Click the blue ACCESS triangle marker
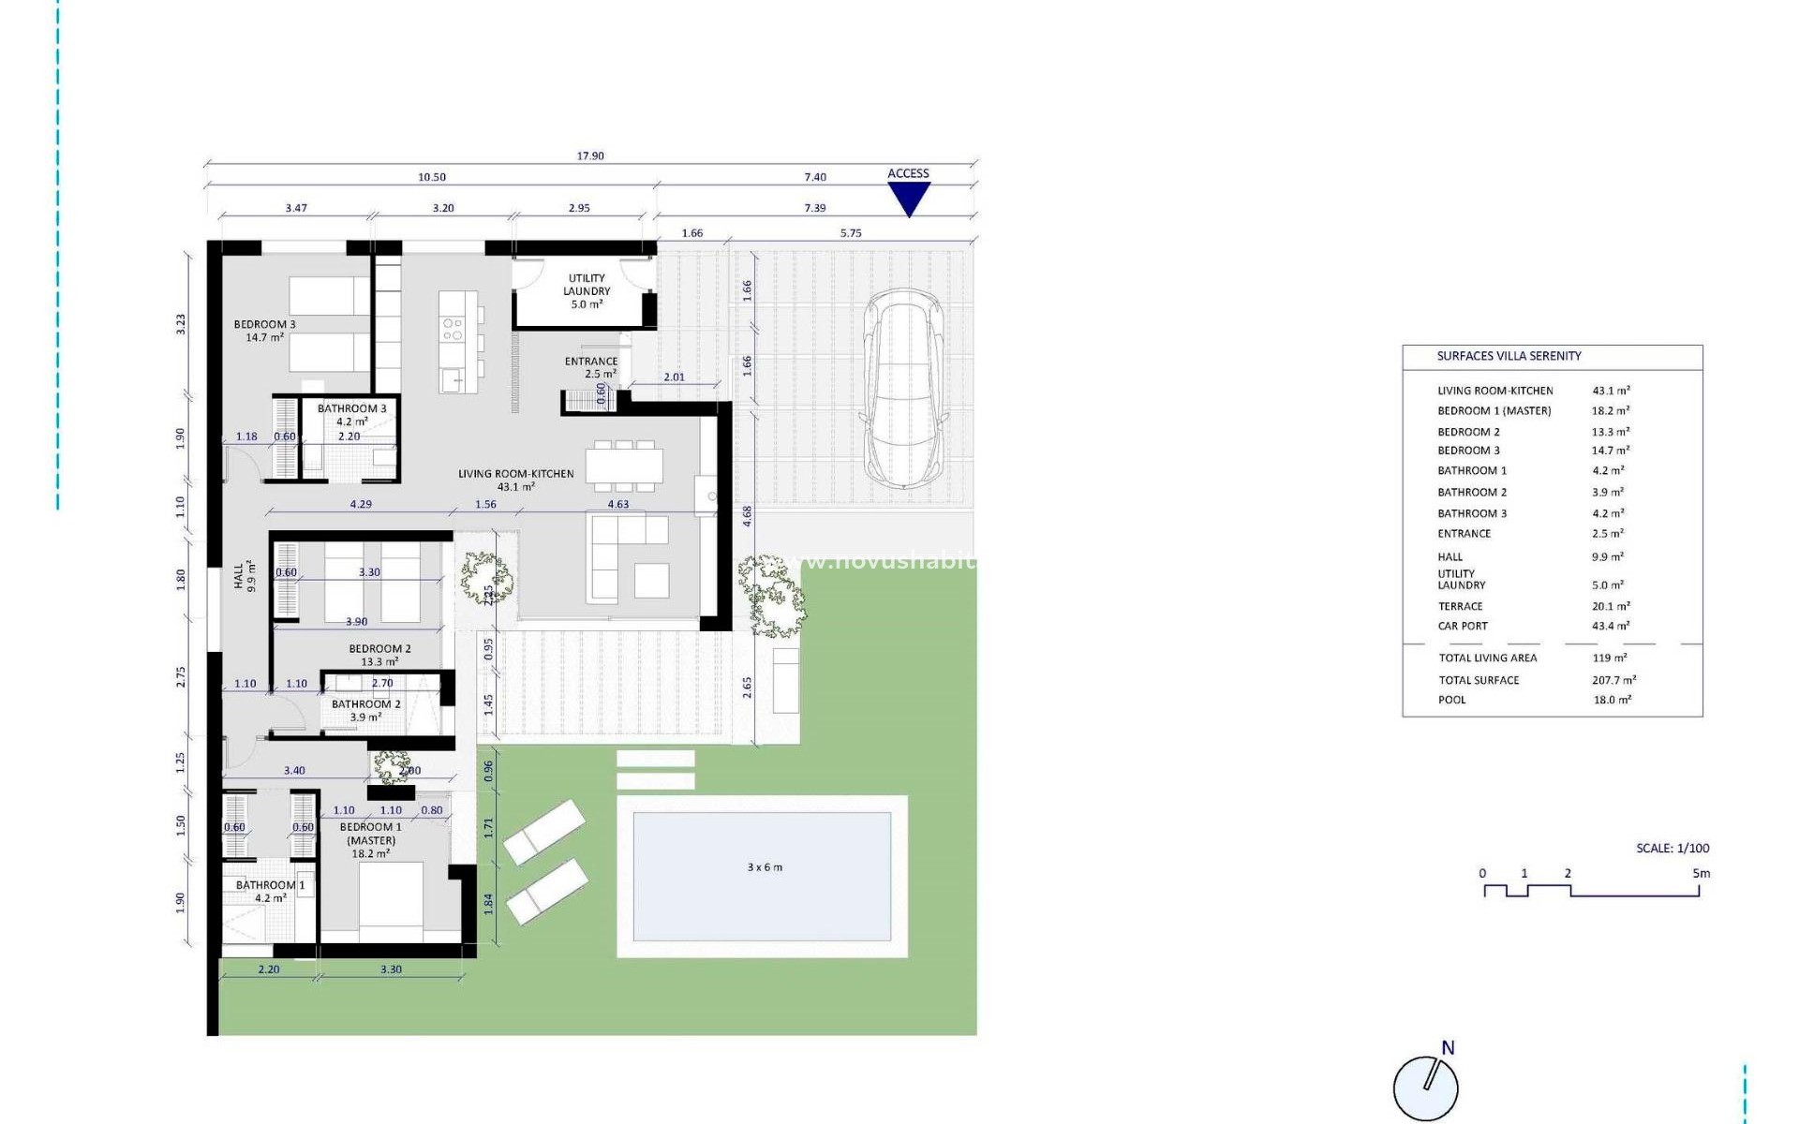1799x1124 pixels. (x=908, y=197)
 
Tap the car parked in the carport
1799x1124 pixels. (x=903, y=389)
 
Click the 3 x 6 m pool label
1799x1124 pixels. (x=765, y=867)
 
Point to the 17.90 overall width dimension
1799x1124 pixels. (x=590, y=156)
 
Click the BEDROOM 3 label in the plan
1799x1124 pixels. (x=264, y=325)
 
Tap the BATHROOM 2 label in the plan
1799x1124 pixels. (x=365, y=704)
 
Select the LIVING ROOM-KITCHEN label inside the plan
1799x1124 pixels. (x=515, y=474)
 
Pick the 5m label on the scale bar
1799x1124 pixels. (x=1701, y=873)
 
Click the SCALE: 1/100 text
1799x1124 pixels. (x=1673, y=848)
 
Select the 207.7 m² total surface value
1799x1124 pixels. (x=1613, y=680)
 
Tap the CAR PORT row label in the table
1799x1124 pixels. (x=1463, y=626)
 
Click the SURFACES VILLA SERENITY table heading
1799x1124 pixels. (x=1509, y=356)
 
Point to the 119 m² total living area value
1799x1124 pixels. (x=1609, y=658)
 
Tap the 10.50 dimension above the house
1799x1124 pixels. (x=432, y=177)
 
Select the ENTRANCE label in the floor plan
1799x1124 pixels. (x=591, y=362)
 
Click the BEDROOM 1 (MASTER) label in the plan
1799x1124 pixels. (x=371, y=834)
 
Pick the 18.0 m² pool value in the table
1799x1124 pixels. (x=1612, y=700)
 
